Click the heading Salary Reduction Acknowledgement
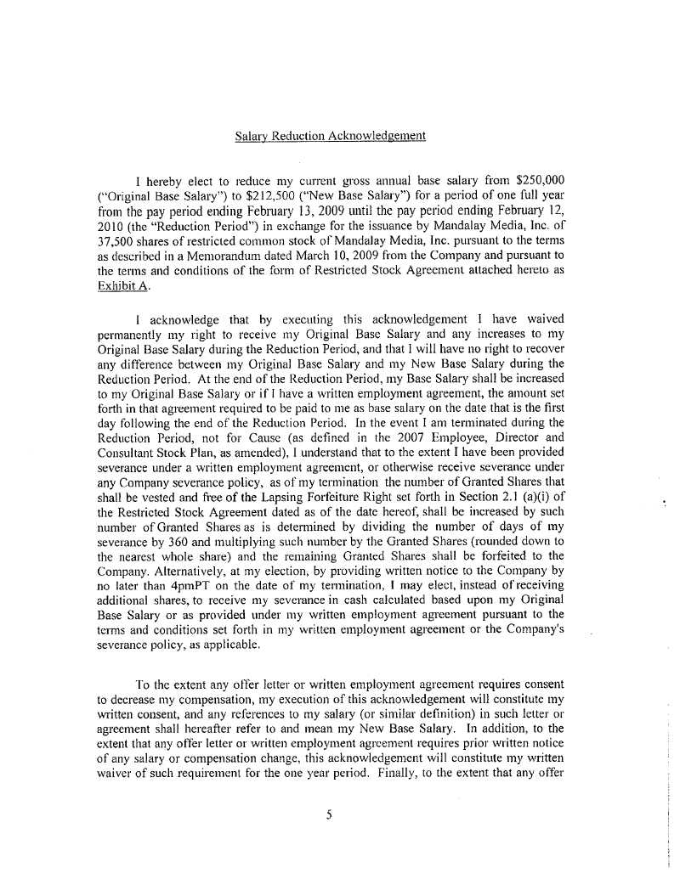point(330,136)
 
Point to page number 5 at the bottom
point(329,815)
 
